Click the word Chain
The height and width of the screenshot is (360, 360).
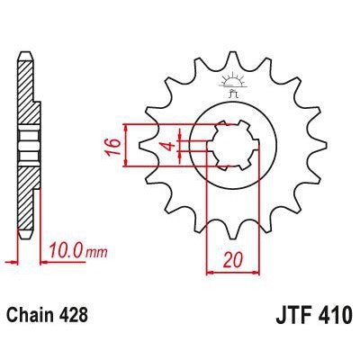[x=33, y=316]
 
